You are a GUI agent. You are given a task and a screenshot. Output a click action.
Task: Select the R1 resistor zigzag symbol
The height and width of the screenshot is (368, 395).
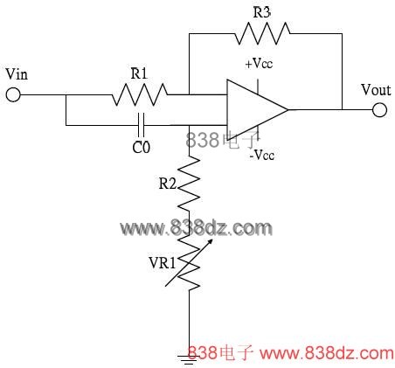(x=139, y=94)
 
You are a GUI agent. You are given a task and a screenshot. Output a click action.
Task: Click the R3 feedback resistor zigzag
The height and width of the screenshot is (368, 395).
(x=262, y=33)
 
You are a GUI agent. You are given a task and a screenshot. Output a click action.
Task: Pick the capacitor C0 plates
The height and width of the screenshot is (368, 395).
(x=141, y=125)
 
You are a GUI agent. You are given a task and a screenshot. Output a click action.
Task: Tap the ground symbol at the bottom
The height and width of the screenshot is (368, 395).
(x=189, y=360)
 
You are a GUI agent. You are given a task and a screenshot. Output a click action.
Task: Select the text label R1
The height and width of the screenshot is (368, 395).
(x=139, y=74)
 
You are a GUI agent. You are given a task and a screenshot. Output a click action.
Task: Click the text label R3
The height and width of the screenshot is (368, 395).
(x=262, y=13)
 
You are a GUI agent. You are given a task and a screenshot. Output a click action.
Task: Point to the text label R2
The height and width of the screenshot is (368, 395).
(x=168, y=184)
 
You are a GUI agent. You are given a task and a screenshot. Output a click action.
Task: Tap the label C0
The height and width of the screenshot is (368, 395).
(x=142, y=148)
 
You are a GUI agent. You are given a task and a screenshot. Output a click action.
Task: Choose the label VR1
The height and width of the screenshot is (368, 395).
(x=163, y=263)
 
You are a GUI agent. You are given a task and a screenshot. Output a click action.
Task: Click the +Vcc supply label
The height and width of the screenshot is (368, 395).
(x=259, y=63)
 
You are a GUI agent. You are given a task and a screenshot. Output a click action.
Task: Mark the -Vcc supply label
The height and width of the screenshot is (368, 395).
(x=262, y=155)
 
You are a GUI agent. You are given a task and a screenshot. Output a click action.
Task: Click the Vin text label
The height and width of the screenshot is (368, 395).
(x=17, y=74)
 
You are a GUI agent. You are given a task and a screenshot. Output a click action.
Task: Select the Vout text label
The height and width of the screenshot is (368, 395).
(x=376, y=90)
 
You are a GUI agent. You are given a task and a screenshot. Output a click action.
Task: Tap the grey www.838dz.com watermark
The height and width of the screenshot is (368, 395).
(x=196, y=228)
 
